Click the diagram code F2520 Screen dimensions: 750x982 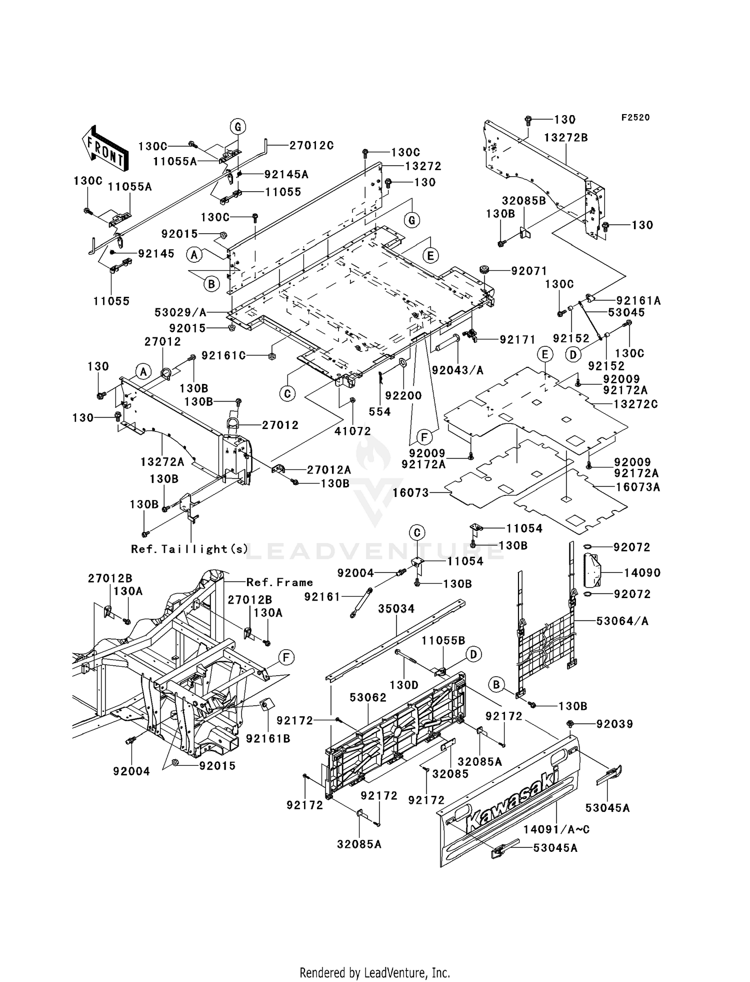(635, 118)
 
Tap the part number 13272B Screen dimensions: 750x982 (566, 138)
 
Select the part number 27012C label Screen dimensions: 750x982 (311, 145)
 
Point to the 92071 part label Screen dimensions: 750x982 (529, 271)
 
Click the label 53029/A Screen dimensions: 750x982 (180, 313)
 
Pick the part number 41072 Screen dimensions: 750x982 (353, 431)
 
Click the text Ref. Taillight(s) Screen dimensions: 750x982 (189, 549)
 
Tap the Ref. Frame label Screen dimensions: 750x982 (280, 583)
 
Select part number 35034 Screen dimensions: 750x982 (396, 609)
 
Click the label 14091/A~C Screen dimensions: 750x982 (556, 830)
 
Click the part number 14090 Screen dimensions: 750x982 (642, 573)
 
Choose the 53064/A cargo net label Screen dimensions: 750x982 (622, 621)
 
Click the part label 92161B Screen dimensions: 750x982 (268, 739)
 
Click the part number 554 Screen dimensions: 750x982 (379, 412)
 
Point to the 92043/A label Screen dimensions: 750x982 (458, 370)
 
